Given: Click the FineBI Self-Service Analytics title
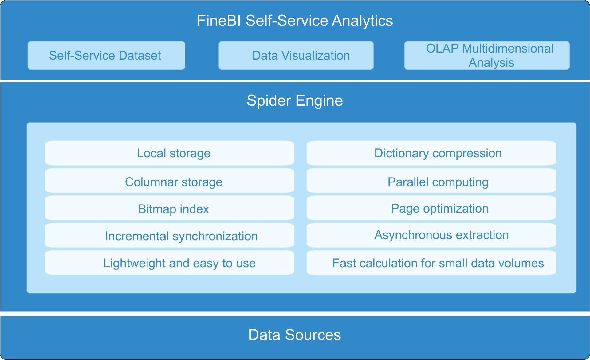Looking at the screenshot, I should click(x=295, y=21).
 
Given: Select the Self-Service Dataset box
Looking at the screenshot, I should click(x=106, y=56).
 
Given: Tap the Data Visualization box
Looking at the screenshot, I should click(x=296, y=56).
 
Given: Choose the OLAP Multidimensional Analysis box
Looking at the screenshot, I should click(x=487, y=56).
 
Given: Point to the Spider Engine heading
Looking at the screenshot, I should click(x=295, y=100).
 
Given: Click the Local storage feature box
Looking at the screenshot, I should click(x=170, y=153).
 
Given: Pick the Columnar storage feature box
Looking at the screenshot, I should click(x=170, y=182).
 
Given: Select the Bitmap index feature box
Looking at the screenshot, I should click(x=170, y=209).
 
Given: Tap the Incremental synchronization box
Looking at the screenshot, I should click(x=170, y=236).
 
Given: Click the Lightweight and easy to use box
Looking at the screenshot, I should click(x=170, y=263).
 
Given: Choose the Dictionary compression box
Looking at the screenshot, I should click(x=431, y=153).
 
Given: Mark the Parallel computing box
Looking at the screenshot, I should click(x=431, y=182).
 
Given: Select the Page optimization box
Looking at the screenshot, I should click(x=431, y=208).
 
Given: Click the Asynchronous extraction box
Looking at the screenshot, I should click(x=431, y=235).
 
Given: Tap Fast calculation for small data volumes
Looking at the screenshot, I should click(x=431, y=263).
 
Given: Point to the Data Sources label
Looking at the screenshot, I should click(x=294, y=335).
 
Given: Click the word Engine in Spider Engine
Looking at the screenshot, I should click(x=319, y=101).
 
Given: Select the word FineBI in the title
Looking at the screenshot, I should click(x=219, y=21).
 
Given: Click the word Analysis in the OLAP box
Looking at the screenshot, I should click(x=491, y=63).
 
